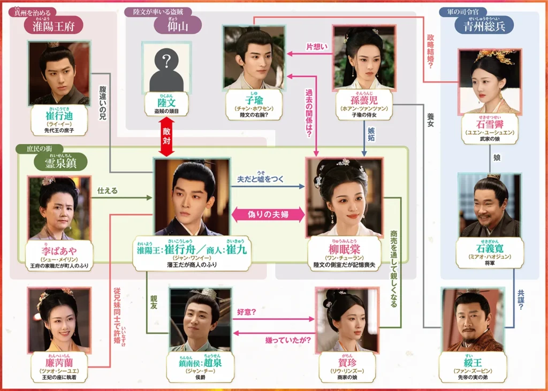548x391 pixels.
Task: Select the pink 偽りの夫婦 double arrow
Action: [268, 215]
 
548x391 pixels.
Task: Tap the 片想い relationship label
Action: [316, 47]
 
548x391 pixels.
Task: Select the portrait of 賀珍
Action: [346, 319]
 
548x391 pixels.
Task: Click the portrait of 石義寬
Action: [489, 205]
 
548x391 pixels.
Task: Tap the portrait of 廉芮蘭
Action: [59, 319]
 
